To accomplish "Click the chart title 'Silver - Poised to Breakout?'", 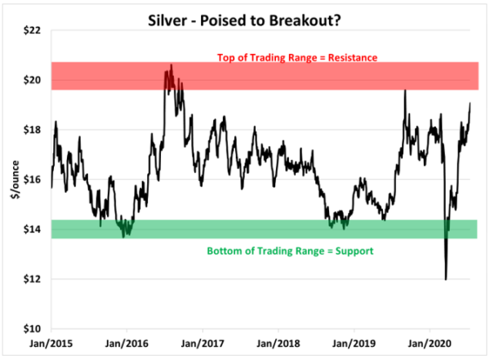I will (x=245, y=14).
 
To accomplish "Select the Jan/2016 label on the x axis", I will (x=127, y=344).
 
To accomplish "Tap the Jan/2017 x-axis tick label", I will (x=203, y=344).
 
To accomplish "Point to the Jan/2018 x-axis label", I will (x=278, y=344).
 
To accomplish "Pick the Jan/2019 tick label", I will (x=354, y=344).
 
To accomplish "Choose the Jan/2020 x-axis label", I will (x=430, y=344).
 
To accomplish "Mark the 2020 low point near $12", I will (x=446, y=279).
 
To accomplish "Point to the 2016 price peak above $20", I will (x=171, y=65).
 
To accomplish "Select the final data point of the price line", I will (x=470, y=103).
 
